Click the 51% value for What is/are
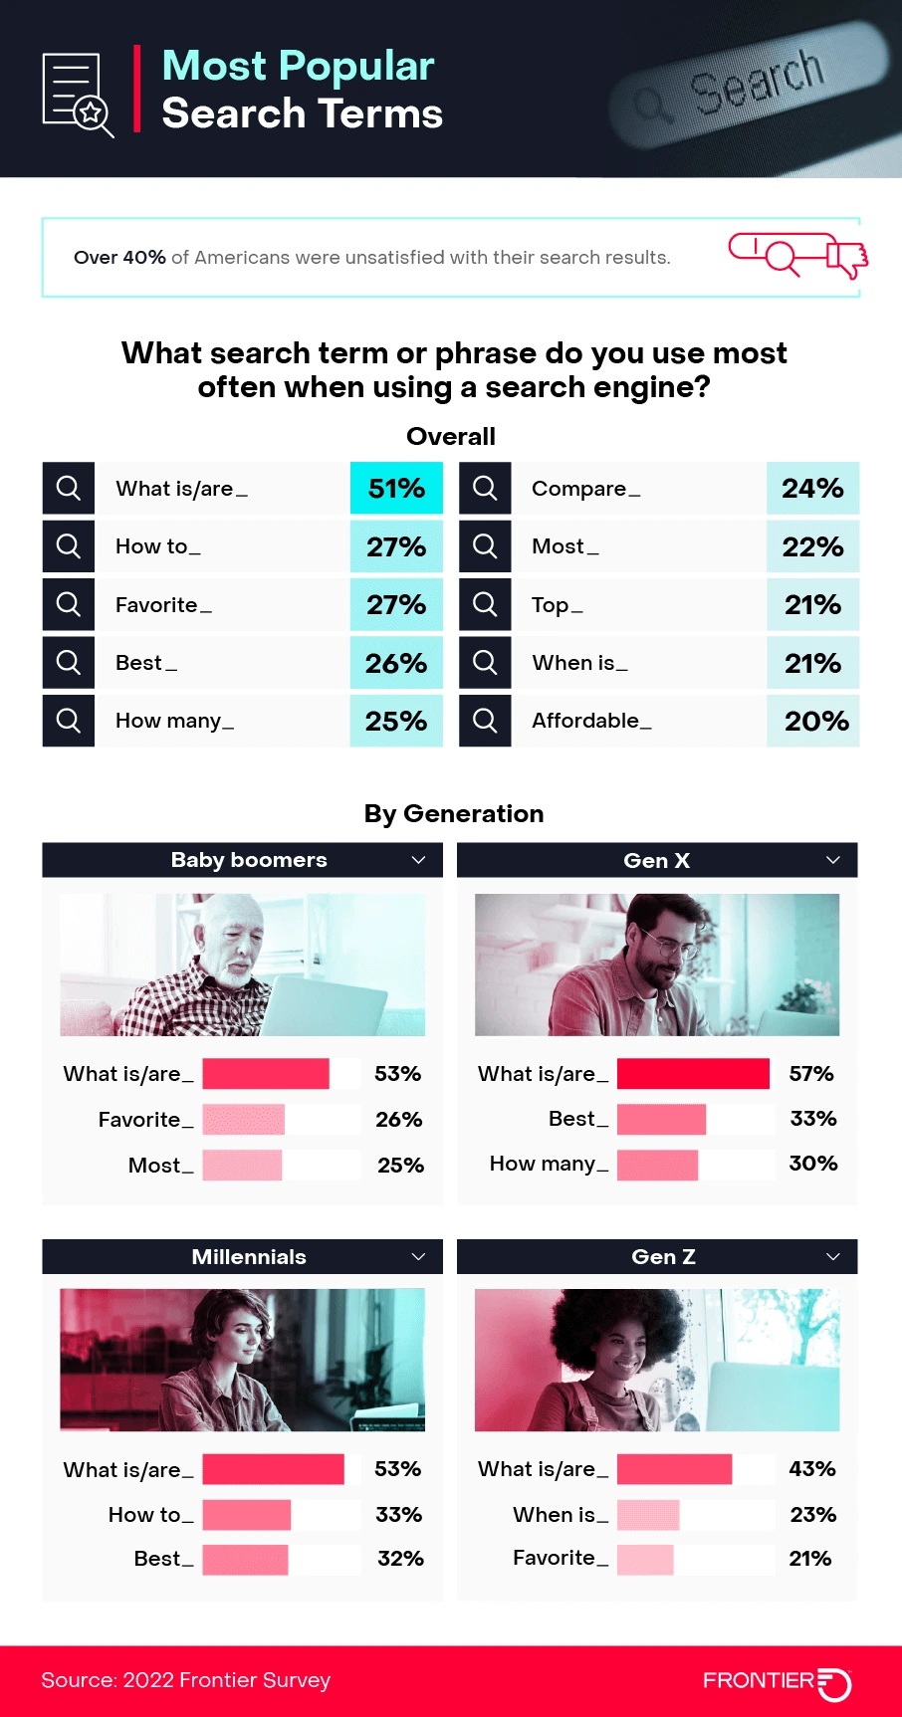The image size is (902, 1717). [396, 489]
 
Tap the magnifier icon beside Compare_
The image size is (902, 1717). [485, 488]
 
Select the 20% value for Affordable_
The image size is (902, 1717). [815, 722]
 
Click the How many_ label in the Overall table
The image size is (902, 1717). [174, 721]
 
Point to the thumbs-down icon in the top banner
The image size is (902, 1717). [847, 257]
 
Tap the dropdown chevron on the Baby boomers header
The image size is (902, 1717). [418, 860]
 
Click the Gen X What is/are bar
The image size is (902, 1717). [693, 1074]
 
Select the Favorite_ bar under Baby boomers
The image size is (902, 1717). [243, 1120]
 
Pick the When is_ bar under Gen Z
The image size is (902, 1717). [648, 1515]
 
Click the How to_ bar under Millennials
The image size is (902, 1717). [246, 1515]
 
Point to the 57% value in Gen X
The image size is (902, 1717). [810, 1074]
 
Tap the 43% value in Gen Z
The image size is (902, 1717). [811, 1469]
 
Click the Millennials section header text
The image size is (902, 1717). [249, 1257]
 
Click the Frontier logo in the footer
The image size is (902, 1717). [777, 1682]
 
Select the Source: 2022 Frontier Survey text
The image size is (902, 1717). [186, 1680]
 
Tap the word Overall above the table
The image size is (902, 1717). [451, 436]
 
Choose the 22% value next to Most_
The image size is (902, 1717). [812, 546]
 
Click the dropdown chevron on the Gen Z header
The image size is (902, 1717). [833, 1257]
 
